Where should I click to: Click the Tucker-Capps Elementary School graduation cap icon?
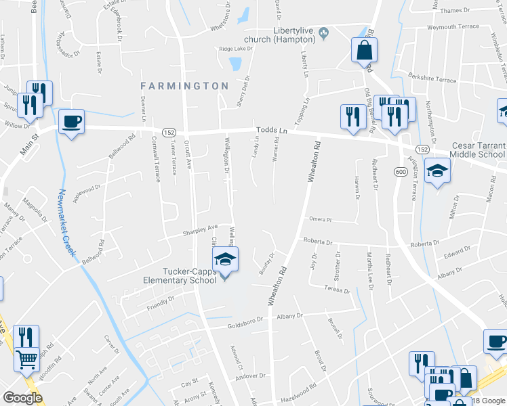pyautogui.click(x=225, y=258)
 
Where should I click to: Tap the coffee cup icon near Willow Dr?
pyautogui.click(x=71, y=122)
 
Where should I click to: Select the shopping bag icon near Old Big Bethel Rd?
pyautogui.click(x=364, y=49)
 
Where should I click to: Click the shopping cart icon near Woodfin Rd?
pyautogui.click(x=26, y=359)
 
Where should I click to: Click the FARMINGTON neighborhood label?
pyautogui.click(x=184, y=86)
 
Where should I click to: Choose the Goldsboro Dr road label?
pyautogui.click(x=244, y=323)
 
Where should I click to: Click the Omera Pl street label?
pyautogui.click(x=319, y=219)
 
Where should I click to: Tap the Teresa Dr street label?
pyautogui.click(x=338, y=289)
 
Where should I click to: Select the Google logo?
pyautogui.click(x=22, y=398)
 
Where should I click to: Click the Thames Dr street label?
pyautogui.click(x=454, y=10)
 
